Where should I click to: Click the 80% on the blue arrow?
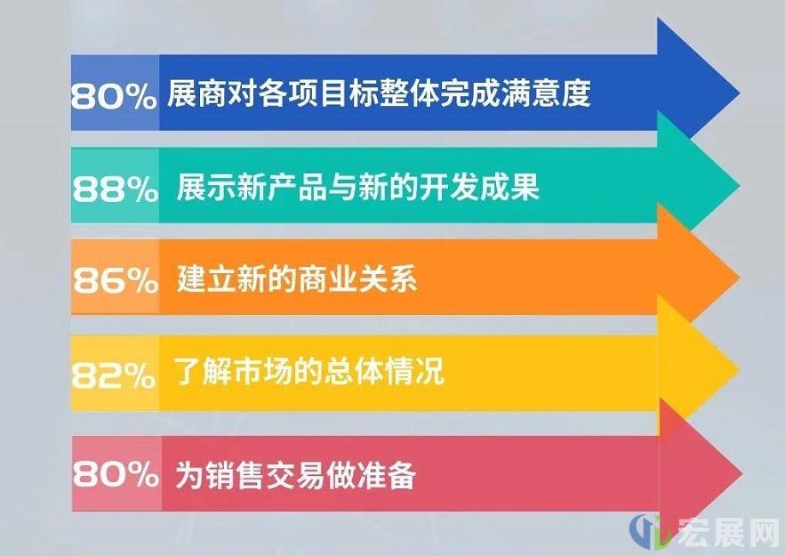click(114, 96)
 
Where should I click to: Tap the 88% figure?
click(116, 189)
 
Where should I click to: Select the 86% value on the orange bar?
click(116, 280)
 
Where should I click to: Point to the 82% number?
click(114, 375)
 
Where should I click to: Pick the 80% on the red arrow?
click(116, 472)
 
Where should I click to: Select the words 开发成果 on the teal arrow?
click(479, 187)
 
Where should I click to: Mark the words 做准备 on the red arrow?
click(371, 474)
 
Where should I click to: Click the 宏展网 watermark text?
click(729, 532)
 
